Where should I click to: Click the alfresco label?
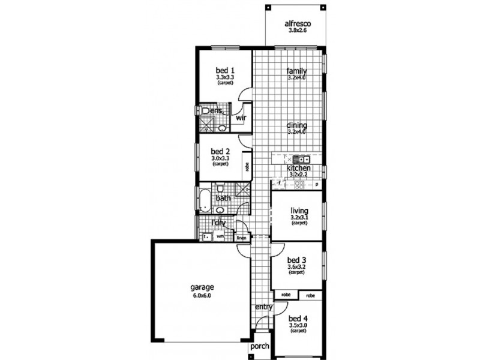pos(297,25)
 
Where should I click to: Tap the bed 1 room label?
pos(226,70)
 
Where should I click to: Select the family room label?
pos(296,70)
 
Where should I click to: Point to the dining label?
pos(296,125)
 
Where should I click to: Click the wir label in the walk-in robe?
pos(241,118)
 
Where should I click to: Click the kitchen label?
pos(298,169)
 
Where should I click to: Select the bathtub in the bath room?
pos(204,200)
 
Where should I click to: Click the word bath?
pos(223,198)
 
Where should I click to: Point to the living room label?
pos(299,211)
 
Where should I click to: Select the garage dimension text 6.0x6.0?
pos(202,295)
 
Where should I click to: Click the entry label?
pos(264,307)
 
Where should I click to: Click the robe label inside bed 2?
pos(247,163)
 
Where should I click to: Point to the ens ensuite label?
pos(216,110)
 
